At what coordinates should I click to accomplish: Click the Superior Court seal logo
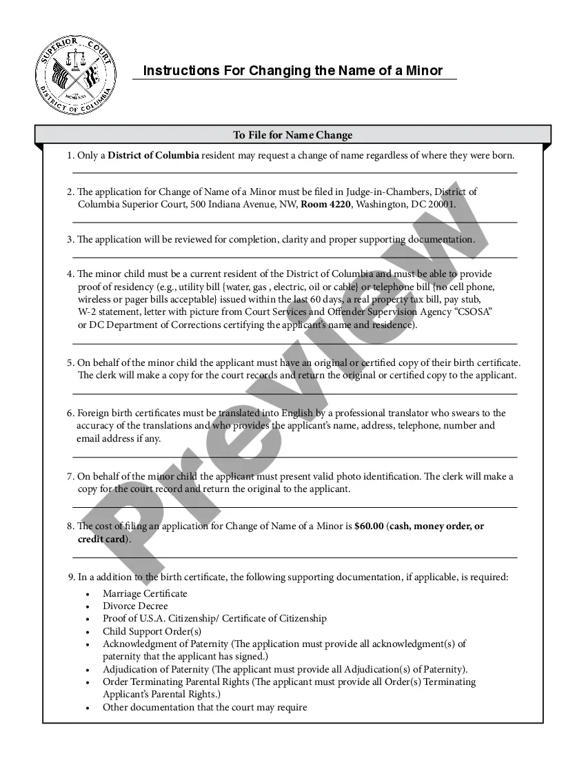(76, 75)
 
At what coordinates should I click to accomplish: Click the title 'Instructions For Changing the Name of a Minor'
(292, 70)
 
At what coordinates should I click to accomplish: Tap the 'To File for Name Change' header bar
(292, 135)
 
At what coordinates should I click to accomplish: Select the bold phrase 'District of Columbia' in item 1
(153, 156)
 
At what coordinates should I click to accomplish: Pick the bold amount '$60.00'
(368, 526)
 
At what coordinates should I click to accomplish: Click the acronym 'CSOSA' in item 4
(469, 312)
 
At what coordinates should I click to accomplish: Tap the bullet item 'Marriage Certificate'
(145, 593)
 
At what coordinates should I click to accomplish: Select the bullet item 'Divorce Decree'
(135, 606)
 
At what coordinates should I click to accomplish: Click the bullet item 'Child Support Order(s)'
(152, 631)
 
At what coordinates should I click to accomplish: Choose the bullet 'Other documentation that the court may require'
(205, 707)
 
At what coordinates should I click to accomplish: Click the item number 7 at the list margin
(70, 476)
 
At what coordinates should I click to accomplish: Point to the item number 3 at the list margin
(70, 240)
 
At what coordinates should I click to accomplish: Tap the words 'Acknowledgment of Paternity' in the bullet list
(165, 644)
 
